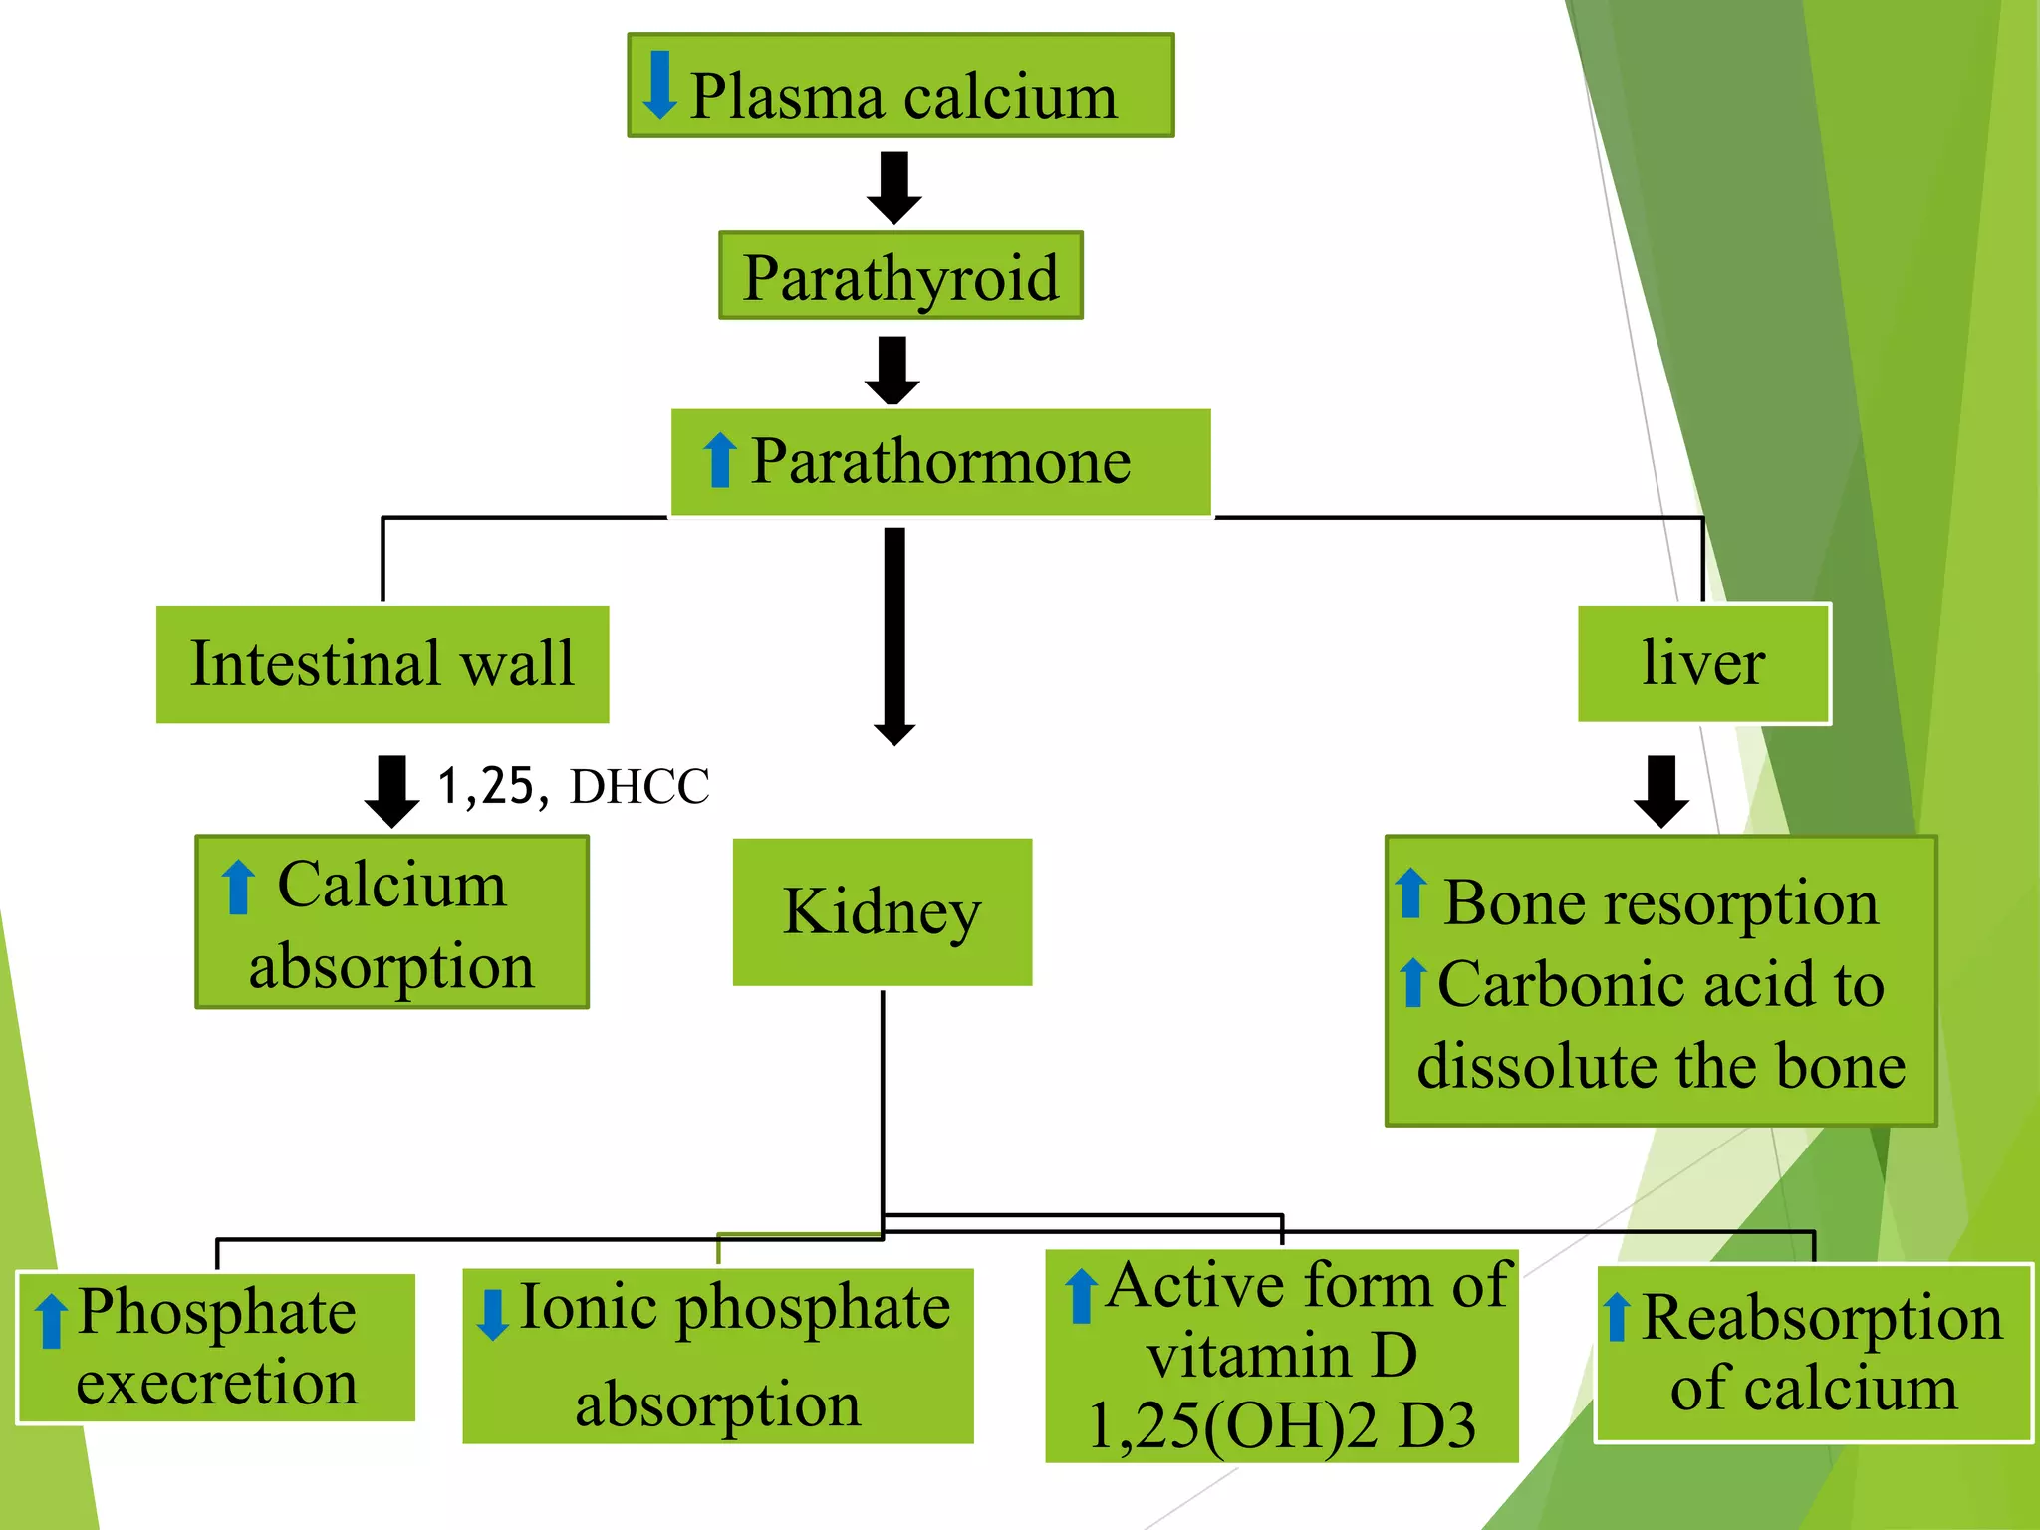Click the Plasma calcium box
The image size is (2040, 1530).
tap(900, 87)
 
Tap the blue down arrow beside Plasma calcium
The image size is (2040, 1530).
tap(659, 85)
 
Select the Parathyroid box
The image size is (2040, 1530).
tap(900, 276)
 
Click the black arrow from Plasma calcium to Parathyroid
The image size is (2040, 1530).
tap(893, 187)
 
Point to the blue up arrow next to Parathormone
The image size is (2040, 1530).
tap(719, 460)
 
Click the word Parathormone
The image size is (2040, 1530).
tap(940, 461)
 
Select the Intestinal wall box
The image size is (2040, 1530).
tap(382, 663)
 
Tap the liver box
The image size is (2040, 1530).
tap(1703, 663)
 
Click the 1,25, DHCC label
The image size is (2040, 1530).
tap(574, 785)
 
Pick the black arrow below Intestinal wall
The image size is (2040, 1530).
tap(391, 791)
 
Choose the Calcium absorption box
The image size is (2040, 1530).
tap(391, 923)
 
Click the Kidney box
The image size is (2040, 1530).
tap(883, 911)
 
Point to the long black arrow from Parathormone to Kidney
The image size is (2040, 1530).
tap(894, 637)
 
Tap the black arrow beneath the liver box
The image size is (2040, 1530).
tap(1660, 791)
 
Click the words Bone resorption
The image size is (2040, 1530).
tap(1660, 902)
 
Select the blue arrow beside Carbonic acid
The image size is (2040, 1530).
tap(1412, 982)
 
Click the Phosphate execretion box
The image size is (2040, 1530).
tap(216, 1347)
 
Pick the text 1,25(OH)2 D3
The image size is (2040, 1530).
tap(1282, 1426)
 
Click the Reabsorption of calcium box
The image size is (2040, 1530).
tap(1813, 1353)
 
